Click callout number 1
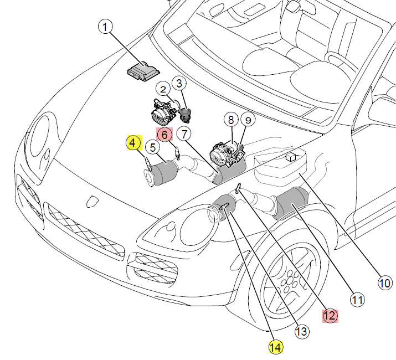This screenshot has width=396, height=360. [105, 26]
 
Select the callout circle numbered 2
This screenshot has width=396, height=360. [163, 89]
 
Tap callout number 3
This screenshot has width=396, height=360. [179, 84]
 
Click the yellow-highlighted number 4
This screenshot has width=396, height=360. [133, 143]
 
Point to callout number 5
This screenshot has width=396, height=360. [152, 147]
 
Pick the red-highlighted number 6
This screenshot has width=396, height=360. [164, 135]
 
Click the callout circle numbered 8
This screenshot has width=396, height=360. [230, 120]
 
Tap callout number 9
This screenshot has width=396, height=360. [248, 120]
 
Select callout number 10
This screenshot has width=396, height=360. [384, 283]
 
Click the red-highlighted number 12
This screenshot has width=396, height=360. [330, 316]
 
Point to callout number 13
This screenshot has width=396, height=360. [301, 332]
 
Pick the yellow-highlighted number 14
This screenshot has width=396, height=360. [275, 347]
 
